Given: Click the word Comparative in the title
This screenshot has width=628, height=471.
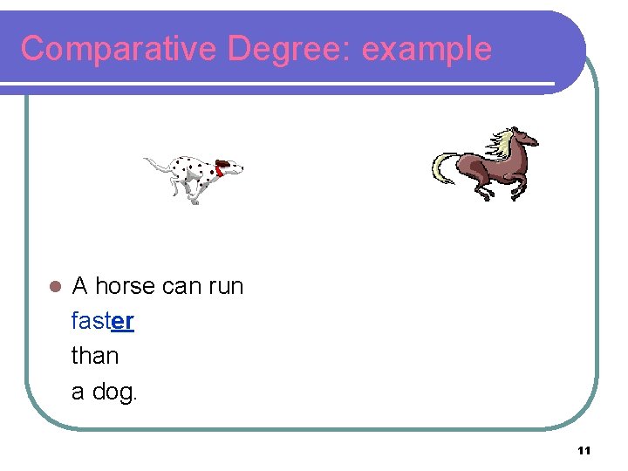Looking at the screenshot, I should click(x=119, y=49).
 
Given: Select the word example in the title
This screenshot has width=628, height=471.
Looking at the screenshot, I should click(x=427, y=49).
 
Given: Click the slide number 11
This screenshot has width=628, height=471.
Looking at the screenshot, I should click(x=584, y=450).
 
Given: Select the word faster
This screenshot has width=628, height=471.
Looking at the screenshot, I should click(x=102, y=321).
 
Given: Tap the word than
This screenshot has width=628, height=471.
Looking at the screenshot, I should click(x=95, y=356).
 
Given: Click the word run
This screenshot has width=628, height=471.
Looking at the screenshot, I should click(x=226, y=286).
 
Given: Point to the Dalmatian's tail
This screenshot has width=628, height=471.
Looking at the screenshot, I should click(x=155, y=163).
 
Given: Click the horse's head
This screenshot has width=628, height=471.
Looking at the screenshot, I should click(x=525, y=139).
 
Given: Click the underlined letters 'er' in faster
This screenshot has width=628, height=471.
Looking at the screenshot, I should click(x=123, y=321).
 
